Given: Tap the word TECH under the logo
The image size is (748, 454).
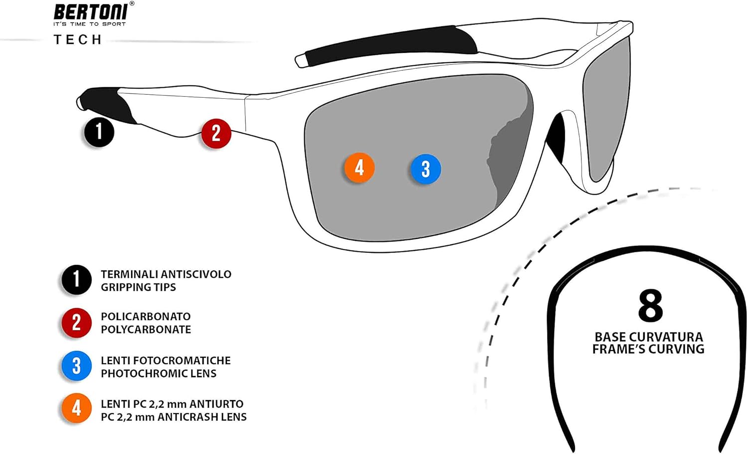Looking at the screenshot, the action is pos(78,40).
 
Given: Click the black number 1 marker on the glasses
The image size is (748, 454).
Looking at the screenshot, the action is pos(99,132).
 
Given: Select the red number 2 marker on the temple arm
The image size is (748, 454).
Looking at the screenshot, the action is pos(216,133).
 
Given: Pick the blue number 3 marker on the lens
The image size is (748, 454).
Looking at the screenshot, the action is pos(425,169).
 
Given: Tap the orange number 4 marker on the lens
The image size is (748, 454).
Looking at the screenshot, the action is pos(359,168).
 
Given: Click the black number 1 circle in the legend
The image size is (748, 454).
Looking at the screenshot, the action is pos(76,279).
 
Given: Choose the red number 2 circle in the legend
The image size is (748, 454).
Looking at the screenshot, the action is pos(76,323).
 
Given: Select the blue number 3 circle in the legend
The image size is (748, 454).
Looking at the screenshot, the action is pos(76,366).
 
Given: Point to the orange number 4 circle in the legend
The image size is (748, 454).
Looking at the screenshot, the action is pos(76,409).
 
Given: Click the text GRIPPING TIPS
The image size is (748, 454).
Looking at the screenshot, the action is pos(138,287).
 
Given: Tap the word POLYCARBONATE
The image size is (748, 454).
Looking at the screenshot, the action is pos(146,330).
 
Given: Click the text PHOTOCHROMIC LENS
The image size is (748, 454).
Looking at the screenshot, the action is pos(159,374).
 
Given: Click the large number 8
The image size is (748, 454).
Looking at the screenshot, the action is pos(650,306).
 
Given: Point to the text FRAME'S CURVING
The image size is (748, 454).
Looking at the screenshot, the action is pos(648,349).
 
